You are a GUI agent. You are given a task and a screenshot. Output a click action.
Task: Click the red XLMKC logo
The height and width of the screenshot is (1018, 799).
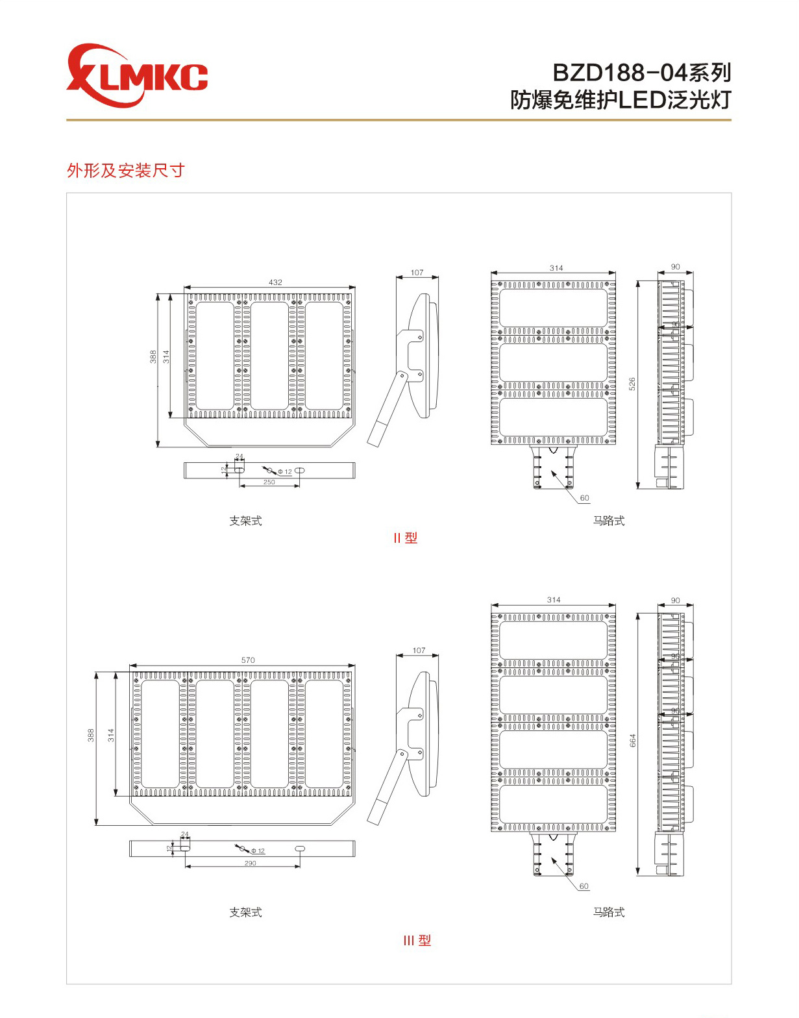pos(136,75)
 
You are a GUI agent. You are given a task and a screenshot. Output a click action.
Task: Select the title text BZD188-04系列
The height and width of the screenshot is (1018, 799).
pos(641,72)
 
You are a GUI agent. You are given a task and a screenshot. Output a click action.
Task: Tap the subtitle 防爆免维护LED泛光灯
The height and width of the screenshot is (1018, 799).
pos(621,100)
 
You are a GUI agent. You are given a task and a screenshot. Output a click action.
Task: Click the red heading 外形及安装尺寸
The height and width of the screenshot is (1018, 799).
pos(126,171)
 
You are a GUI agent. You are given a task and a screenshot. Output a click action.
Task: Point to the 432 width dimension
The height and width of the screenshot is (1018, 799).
pos(275,282)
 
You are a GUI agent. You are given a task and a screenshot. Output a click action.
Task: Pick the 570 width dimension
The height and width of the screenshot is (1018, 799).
pos(248,660)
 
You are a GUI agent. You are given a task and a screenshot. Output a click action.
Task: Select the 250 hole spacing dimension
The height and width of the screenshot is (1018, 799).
pos(269,482)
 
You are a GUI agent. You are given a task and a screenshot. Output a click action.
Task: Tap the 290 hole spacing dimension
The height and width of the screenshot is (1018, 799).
pos(251,863)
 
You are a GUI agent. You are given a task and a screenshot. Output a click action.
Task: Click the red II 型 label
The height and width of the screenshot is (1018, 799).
pos(405,538)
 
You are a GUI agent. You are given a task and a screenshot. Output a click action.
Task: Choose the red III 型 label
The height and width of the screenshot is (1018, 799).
pos(417,941)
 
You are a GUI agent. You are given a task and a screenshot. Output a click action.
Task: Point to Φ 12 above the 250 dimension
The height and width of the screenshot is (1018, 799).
pos(284,472)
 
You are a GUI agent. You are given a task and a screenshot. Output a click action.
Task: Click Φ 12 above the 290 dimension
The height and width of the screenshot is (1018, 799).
pos(258,851)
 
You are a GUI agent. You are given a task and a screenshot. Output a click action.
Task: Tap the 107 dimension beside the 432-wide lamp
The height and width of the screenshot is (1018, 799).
pos(417,273)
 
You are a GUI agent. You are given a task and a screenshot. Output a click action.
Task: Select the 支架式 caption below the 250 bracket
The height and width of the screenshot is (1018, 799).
pos(245,521)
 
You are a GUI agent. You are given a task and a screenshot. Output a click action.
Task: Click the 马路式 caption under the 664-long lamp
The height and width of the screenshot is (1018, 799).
pos(609,912)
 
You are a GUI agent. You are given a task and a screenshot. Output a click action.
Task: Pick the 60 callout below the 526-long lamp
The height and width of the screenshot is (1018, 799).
pos(585,498)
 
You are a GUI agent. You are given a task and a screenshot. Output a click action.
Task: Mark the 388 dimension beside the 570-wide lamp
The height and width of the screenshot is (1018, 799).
pos(91,735)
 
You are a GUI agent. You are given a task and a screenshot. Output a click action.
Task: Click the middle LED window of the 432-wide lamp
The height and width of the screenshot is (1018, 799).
pos(269,355)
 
